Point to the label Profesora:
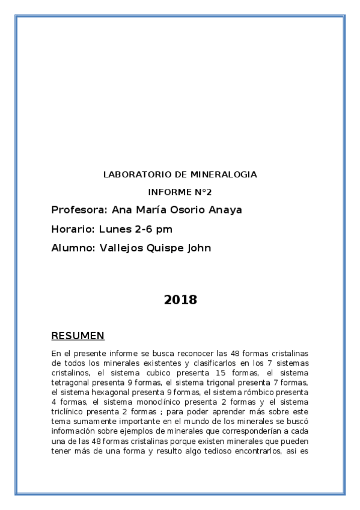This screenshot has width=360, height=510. click(78, 210)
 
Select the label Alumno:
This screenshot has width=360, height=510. click(72, 248)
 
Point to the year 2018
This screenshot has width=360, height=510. click(180, 300)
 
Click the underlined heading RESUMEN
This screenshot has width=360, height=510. click(78, 336)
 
